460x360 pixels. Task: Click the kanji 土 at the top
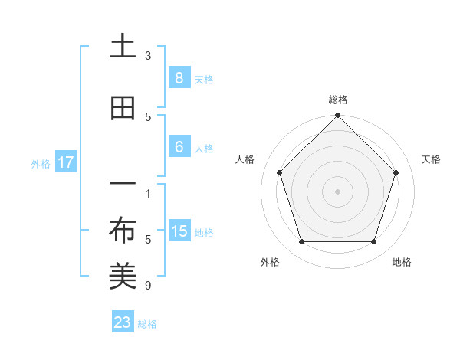pos(123,47)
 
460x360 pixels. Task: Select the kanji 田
pos(123,108)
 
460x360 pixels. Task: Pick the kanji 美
pos(123,277)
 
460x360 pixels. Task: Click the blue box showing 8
pos(179,77)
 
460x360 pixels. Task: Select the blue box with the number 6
pos(179,148)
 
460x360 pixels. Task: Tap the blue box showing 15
pos(179,231)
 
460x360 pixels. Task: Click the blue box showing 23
pos(123,322)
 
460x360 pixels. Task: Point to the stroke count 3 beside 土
pos(148,56)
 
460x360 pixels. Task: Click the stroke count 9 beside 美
pos(148,286)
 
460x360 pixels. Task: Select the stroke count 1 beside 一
pos(148,193)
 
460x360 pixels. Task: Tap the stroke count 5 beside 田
pos(148,116)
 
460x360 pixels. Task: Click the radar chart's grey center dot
pos(337,191)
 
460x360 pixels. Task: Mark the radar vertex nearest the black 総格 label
pos(337,116)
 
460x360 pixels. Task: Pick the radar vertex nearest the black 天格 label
pos(396,172)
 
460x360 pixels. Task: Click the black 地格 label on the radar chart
pos(402,262)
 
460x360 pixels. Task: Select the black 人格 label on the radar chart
pos(245,159)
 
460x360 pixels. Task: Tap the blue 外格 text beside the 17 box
pos(41,163)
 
